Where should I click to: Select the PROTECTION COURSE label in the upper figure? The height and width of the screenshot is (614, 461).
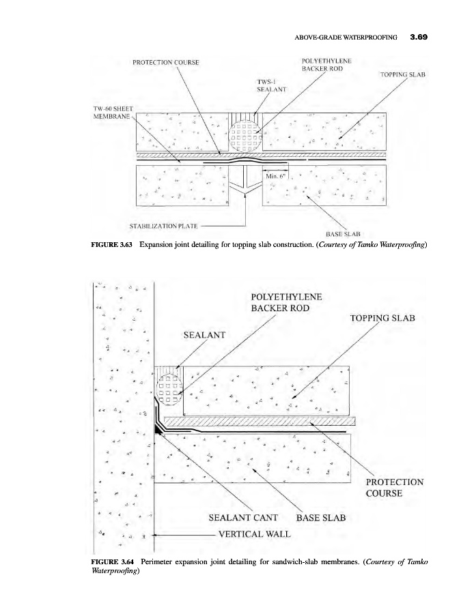click(x=166, y=62)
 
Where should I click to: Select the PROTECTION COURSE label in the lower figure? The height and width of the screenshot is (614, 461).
click(x=400, y=487)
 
